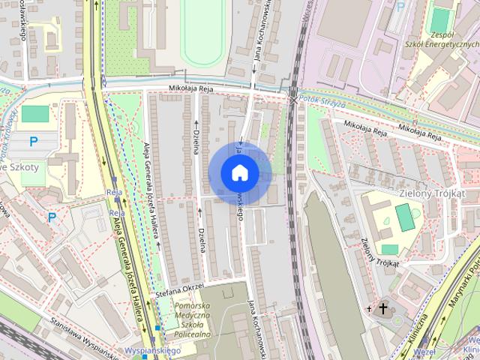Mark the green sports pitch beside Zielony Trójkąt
[404, 217]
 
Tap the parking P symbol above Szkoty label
[33, 141]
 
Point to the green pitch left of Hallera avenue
[34, 114]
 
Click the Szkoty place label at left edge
[22, 166]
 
